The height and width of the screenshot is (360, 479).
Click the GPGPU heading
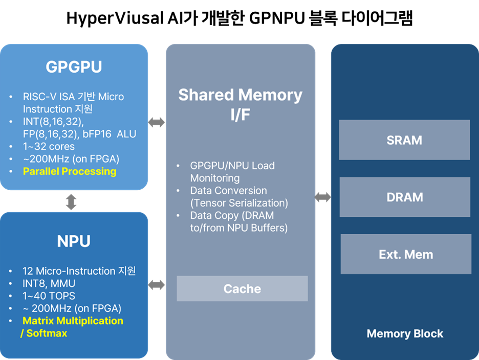[74, 67]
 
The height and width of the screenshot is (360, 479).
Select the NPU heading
[74, 241]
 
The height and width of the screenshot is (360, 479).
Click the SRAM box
[404, 140]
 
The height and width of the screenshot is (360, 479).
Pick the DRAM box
[404, 197]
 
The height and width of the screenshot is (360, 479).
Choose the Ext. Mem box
[405, 254]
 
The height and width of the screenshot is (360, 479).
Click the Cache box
[242, 289]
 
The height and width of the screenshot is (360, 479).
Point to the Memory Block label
[405, 334]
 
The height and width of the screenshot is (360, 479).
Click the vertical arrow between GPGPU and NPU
[71, 201]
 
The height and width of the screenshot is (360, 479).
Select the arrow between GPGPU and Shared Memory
[157, 122]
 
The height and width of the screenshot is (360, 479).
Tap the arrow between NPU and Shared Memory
[157, 285]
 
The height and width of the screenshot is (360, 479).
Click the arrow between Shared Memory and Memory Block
[323, 197]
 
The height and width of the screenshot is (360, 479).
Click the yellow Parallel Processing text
[70, 171]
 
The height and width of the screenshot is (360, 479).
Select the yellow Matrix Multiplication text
[73, 321]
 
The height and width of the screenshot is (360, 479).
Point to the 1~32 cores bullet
[49, 146]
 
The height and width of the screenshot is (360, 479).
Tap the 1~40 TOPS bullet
[49, 296]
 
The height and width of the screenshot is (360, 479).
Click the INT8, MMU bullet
[49, 283]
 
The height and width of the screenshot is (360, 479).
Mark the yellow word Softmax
[47, 333]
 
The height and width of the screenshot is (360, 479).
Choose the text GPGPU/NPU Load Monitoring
[232, 172]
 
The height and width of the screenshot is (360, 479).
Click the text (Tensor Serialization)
[239, 203]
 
